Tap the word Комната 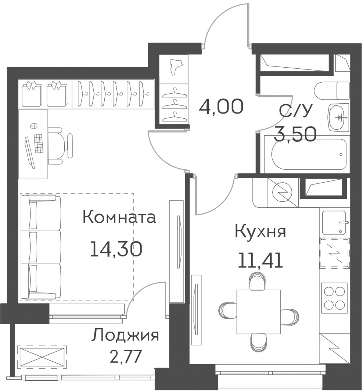click(x=119, y=217)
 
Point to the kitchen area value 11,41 click(x=260, y=260)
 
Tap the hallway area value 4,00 click(x=221, y=106)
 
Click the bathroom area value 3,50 click(x=295, y=134)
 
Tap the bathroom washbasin click(x=339, y=117)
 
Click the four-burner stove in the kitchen click(x=334, y=298)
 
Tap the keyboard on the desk click(x=39, y=143)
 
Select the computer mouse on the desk click(x=33, y=126)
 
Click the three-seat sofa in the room click(x=41, y=247)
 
